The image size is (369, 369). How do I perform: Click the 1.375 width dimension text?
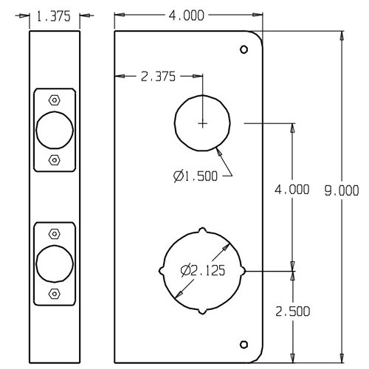(x=56, y=16)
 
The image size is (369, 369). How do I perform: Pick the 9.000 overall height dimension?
(x=341, y=190)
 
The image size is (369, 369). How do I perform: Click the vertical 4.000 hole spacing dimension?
(x=292, y=190)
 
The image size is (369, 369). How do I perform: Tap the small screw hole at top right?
(x=245, y=49)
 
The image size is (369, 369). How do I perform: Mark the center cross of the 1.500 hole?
(x=202, y=123)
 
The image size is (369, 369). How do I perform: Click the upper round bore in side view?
(x=55, y=129)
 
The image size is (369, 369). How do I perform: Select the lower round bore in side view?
(x=55, y=263)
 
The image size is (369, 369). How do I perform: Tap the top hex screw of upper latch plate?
(x=54, y=100)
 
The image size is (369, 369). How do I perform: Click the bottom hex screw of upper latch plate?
(x=54, y=159)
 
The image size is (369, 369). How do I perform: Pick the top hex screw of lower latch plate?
(x=54, y=234)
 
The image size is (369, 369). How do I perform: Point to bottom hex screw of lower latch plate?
(x=54, y=293)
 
